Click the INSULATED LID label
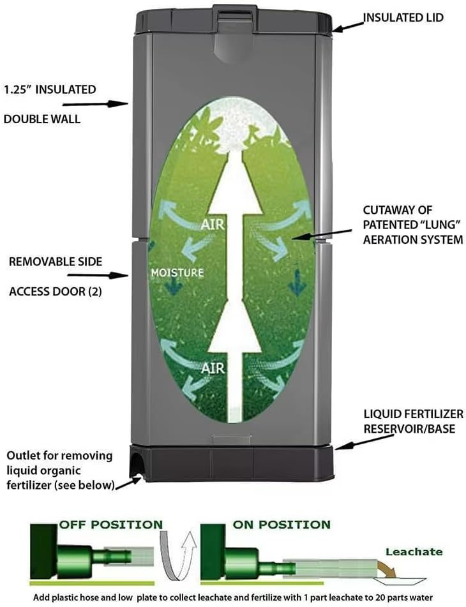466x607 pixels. pyautogui.click(x=403, y=18)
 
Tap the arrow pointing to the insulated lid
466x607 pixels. pyautogui.click(x=349, y=26)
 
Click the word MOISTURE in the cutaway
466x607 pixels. pyautogui.click(x=177, y=273)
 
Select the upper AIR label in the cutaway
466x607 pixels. pyautogui.click(x=213, y=224)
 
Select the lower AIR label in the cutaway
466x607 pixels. pyautogui.click(x=213, y=368)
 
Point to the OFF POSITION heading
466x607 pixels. pyautogui.click(x=111, y=525)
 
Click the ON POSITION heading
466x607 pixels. pyautogui.click(x=282, y=525)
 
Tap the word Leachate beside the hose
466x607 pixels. pyautogui.click(x=414, y=551)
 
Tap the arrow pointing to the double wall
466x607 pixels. pyautogui.click(x=95, y=104)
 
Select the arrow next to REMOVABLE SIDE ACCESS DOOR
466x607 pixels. pyautogui.click(x=98, y=275)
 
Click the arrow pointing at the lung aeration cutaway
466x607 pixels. pyautogui.click(x=322, y=234)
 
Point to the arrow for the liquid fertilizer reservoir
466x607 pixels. pyautogui.click(x=364, y=442)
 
